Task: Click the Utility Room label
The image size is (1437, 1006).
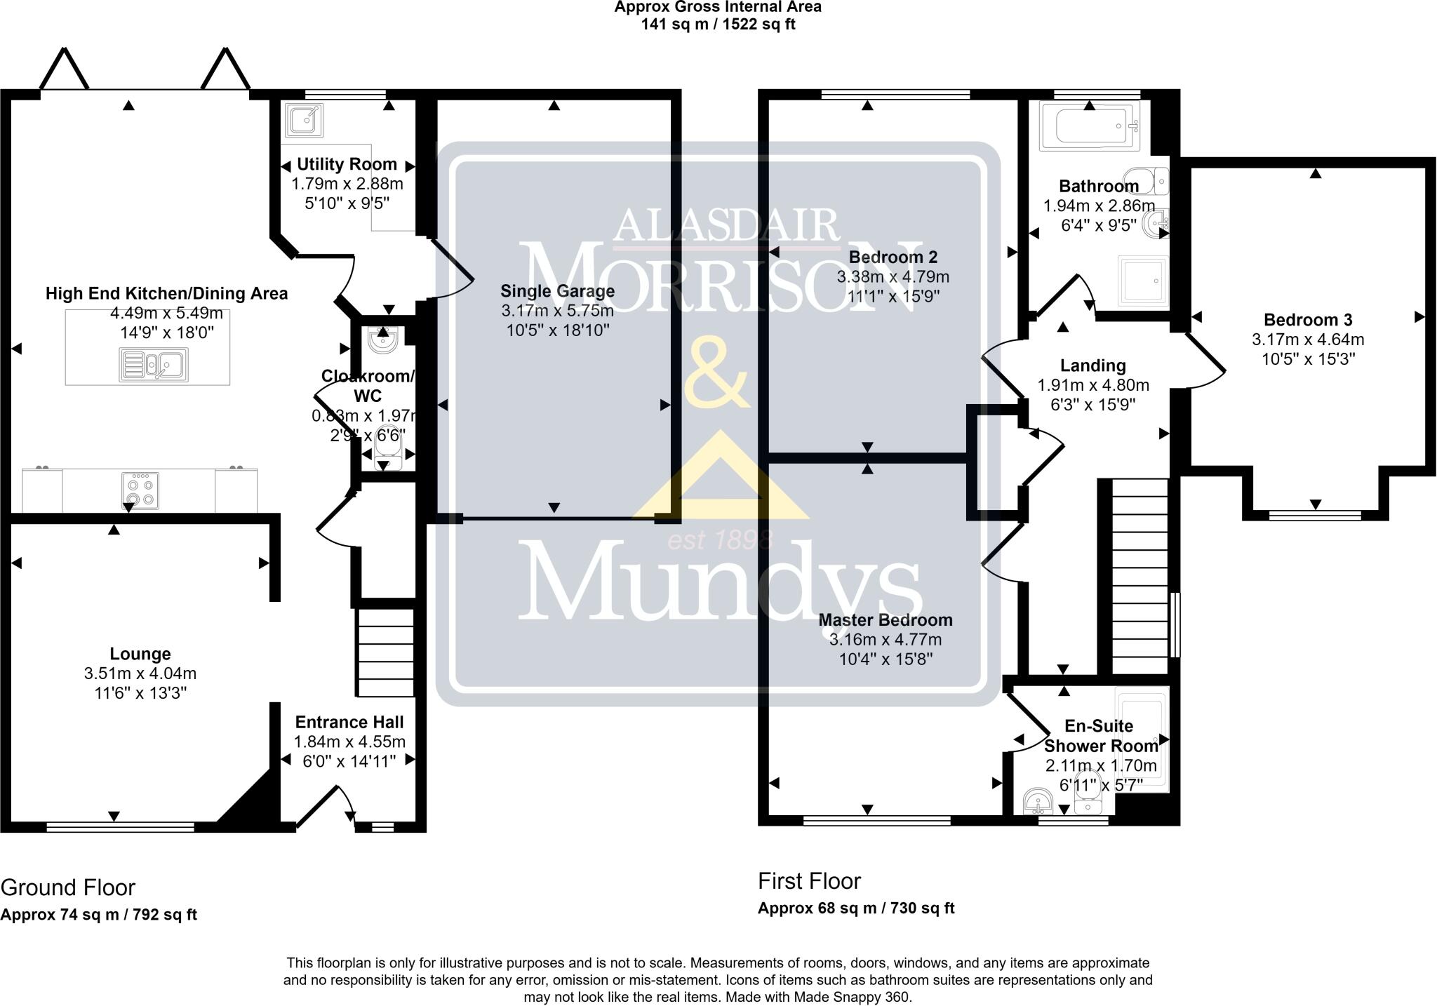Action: pos(347,164)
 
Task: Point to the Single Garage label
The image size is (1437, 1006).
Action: pos(557,291)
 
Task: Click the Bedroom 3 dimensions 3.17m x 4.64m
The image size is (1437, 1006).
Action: pos(1308,340)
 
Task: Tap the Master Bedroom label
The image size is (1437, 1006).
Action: pos(885,620)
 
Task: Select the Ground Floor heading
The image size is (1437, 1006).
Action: pos(68,887)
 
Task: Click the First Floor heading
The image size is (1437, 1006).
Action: pos(809,880)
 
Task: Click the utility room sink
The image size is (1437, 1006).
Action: pos(305,121)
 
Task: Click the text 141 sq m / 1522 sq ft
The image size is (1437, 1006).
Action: pos(718,25)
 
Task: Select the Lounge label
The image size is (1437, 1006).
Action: pos(140,654)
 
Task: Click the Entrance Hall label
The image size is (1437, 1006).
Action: pos(349,722)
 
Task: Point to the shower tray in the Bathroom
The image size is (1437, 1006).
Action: pos(1142,281)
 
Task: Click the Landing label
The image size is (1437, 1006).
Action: pos(1092,365)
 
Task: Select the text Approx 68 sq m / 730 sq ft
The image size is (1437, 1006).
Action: pos(856,908)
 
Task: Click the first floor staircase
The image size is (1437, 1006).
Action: pos(1139,575)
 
